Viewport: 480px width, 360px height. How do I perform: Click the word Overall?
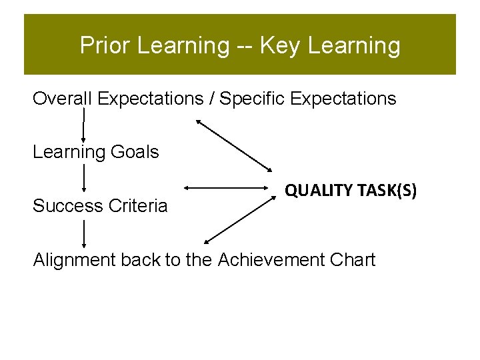(x=62, y=99)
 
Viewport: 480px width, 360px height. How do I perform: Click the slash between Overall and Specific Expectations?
(x=211, y=99)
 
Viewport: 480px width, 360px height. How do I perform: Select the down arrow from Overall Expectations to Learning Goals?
(x=83, y=125)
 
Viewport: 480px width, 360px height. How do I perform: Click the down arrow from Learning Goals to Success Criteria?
(x=83, y=179)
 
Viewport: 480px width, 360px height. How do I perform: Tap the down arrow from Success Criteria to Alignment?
(x=83, y=233)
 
